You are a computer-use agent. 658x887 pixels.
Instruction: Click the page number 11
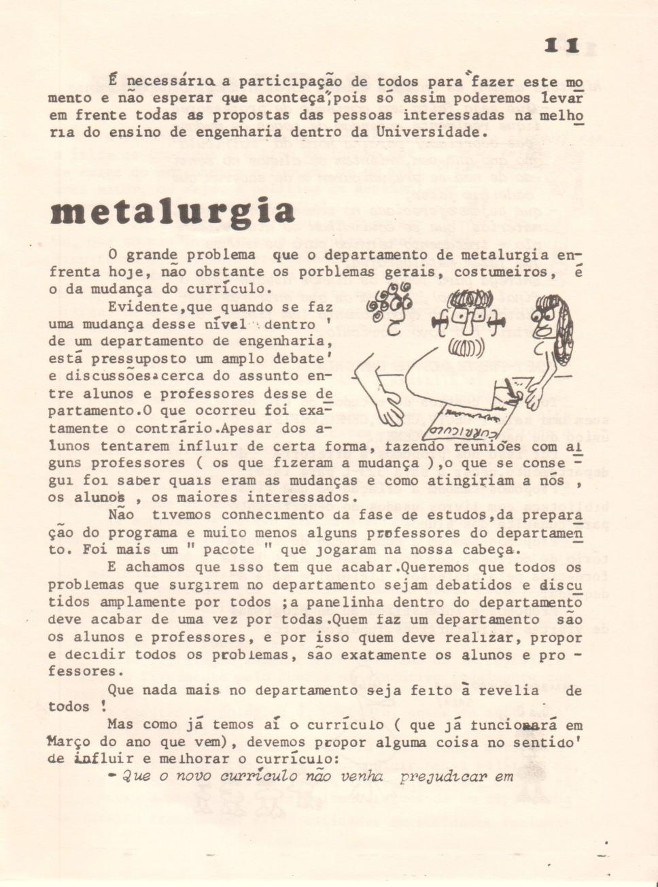(561, 46)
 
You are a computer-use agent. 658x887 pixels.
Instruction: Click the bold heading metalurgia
(173, 212)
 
